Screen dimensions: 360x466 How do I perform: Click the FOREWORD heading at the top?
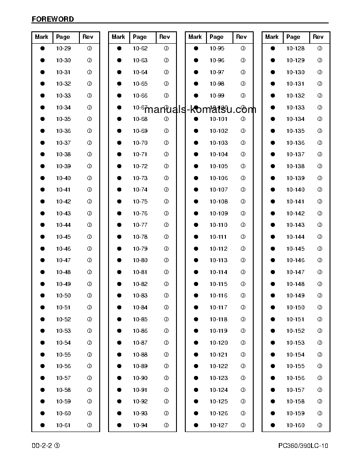(52, 19)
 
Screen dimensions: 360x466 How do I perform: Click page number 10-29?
(64, 49)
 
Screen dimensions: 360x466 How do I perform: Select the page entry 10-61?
(64, 425)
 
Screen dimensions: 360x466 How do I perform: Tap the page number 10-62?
(140, 49)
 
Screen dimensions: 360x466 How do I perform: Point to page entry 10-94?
(140, 425)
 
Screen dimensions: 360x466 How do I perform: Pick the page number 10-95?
(217, 49)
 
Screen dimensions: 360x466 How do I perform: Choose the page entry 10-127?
(219, 425)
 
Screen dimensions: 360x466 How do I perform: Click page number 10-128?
(296, 49)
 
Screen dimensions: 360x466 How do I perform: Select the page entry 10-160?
(296, 425)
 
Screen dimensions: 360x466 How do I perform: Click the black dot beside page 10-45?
(43, 237)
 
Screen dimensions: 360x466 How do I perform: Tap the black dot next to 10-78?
(119, 237)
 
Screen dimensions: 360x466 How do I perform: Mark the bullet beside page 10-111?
(196, 237)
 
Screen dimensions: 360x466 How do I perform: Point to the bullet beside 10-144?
(273, 237)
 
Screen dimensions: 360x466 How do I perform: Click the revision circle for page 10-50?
(90, 296)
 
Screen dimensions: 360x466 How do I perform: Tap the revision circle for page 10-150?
(320, 308)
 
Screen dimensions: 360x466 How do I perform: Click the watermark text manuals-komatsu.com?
(200, 109)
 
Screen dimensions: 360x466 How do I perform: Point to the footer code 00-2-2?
(42, 446)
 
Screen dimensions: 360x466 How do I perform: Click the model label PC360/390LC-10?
(303, 446)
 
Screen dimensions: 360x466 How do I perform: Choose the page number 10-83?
(140, 296)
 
